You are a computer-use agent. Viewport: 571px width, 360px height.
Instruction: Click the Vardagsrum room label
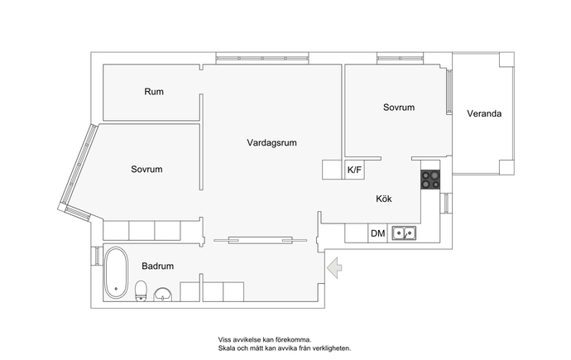tap(271, 142)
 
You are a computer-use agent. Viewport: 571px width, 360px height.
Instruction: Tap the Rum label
tap(154, 92)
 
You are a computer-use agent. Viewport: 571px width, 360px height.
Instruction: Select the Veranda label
tap(484, 113)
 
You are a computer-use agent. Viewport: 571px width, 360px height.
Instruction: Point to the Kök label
tap(384, 199)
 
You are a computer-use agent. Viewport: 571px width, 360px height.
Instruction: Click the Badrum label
tap(158, 266)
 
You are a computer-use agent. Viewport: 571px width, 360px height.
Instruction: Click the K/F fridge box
tap(354, 170)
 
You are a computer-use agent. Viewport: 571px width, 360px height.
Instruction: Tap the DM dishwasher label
tap(377, 233)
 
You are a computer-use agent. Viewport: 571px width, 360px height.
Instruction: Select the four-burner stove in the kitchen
tap(430, 180)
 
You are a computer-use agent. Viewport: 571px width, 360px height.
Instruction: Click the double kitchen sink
tap(404, 233)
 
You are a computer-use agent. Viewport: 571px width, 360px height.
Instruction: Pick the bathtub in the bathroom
tap(117, 273)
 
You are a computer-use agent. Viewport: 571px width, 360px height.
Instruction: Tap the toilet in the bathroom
tap(141, 290)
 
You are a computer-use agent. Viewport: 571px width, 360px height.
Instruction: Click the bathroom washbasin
tap(163, 295)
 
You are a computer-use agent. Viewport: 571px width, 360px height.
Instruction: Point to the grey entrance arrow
tap(334, 267)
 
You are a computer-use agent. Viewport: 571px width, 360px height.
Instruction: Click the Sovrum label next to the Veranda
tap(399, 108)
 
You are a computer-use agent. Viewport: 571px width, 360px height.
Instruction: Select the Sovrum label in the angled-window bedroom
tap(146, 170)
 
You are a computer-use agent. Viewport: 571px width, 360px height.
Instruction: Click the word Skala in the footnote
tap(225, 348)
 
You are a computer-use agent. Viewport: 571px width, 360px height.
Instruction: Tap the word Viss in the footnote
tap(224, 340)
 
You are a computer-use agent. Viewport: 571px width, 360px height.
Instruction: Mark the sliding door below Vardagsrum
tap(261, 240)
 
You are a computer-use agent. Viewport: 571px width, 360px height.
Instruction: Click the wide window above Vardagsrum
tap(262, 58)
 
